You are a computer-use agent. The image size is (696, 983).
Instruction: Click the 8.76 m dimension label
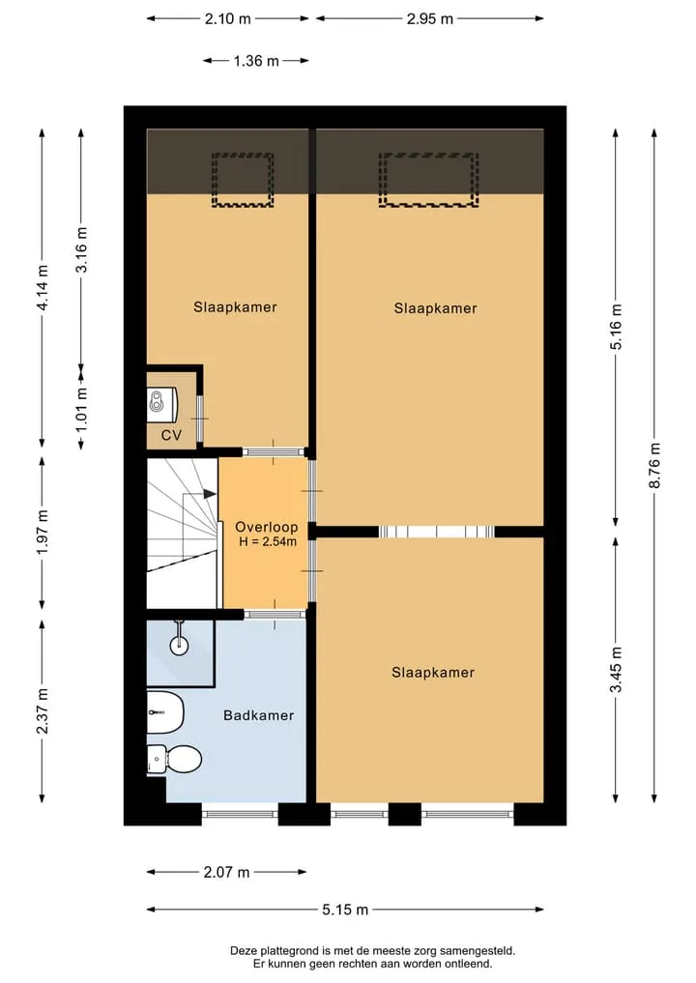tap(654, 465)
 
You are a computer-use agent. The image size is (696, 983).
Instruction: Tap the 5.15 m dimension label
tap(345, 910)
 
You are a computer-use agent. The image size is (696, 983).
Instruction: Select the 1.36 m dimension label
tap(256, 61)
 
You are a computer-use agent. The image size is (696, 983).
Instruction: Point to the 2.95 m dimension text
tap(430, 18)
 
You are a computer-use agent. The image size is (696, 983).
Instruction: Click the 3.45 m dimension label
tap(617, 670)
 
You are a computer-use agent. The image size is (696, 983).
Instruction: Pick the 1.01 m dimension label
tap(81, 410)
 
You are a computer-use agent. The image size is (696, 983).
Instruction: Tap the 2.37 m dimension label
tap(42, 711)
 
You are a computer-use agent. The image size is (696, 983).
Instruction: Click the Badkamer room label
tap(259, 715)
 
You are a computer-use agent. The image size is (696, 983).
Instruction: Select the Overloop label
tap(267, 527)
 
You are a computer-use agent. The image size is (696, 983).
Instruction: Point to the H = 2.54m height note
tap(268, 541)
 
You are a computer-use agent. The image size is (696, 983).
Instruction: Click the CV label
tap(171, 435)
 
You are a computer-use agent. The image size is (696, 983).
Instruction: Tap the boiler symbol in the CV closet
tap(162, 402)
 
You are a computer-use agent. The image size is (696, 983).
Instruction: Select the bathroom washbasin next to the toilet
tap(165, 712)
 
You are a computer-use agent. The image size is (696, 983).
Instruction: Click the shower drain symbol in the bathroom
tap(180, 642)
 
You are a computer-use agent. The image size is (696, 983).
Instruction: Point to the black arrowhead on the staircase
tap(210, 494)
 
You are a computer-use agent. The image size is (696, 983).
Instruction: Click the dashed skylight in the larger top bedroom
tap(428, 180)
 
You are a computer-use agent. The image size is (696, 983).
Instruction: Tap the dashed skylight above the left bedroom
tap(243, 180)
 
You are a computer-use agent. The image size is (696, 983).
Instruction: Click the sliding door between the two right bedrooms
tap(436, 533)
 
